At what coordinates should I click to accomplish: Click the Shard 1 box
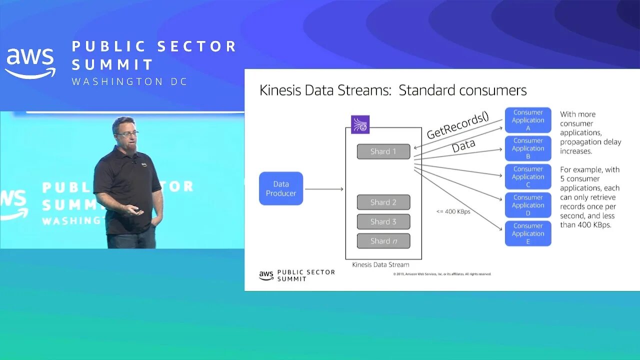[x=383, y=151]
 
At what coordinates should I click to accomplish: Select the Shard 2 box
[x=383, y=202]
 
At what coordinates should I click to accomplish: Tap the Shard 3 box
[x=383, y=221]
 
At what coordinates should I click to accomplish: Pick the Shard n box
[x=383, y=241]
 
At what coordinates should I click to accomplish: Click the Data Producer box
[x=281, y=188]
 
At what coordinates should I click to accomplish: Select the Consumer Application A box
[x=528, y=120]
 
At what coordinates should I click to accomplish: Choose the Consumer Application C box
[x=528, y=176]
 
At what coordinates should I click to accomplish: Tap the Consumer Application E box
[x=528, y=233]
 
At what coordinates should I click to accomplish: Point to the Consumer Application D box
[x=528, y=205]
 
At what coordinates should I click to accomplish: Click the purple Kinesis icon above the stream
[x=360, y=124]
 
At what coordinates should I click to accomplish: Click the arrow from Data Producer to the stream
[x=324, y=189]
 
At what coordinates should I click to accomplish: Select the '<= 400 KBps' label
[x=453, y=211]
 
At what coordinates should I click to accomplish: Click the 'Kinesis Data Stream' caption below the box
[x=380, y=265]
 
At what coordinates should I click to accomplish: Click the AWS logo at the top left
[x=30, y=63]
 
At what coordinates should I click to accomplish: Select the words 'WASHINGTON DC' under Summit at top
[x=130, y=81]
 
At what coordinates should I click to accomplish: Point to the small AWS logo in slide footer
[x=266, y=275]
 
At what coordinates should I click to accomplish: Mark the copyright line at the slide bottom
[x=442, y=274]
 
